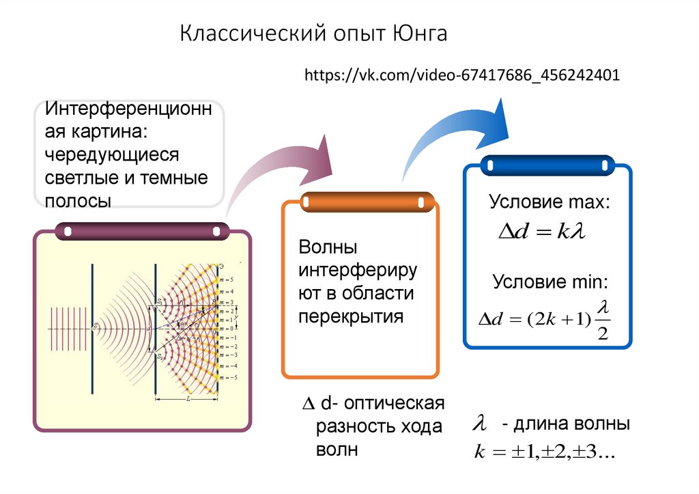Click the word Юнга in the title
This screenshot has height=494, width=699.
click(x=420, y=34)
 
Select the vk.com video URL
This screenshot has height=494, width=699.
click(x=463, y=74)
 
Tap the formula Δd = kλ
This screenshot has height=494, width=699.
click(x=543, y=232)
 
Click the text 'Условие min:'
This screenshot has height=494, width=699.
click(x=550, y=282)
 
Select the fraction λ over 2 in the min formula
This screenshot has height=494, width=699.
click(x=601, y=320)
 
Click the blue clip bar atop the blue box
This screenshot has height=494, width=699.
click(x=546, y=165)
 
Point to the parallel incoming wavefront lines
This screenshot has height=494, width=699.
click(x=68, y=329)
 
